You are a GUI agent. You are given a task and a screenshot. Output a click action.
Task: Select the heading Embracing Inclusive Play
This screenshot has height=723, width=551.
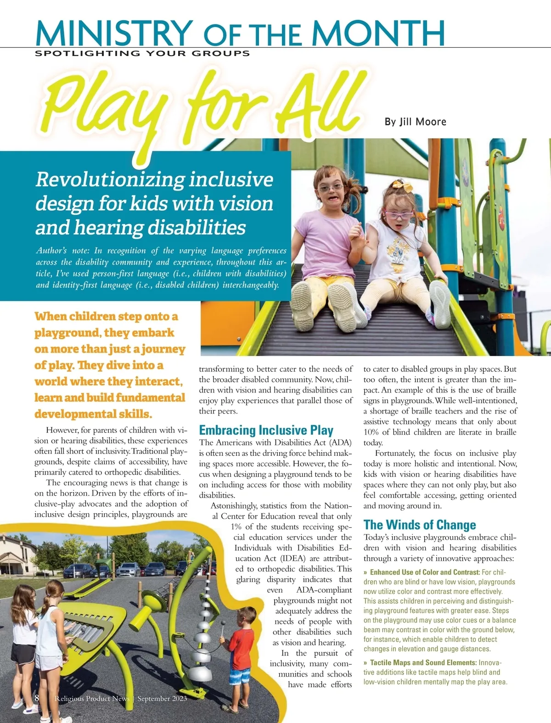(266, 430)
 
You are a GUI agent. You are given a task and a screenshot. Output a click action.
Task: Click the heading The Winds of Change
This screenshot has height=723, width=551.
(420, 525)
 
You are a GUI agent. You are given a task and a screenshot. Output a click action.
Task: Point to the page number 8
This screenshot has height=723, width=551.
(37, 698)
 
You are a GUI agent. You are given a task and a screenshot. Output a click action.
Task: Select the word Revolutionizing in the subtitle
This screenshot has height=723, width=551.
(109, 179)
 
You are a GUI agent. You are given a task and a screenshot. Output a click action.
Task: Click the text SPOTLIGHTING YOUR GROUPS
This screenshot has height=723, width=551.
(142, 53)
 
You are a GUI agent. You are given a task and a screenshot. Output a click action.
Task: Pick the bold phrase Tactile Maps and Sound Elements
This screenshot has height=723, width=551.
(423, 662)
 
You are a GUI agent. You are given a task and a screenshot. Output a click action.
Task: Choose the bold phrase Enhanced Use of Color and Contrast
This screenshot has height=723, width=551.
(425, 572)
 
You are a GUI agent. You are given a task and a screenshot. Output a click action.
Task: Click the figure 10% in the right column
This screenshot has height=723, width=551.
(371, 432)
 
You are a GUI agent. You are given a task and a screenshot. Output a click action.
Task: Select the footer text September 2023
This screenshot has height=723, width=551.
(162, 698)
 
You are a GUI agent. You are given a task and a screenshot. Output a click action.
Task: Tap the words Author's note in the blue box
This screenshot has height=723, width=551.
(62, 251)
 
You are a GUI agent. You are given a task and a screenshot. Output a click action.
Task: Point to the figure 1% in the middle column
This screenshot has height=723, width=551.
(236, 527)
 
